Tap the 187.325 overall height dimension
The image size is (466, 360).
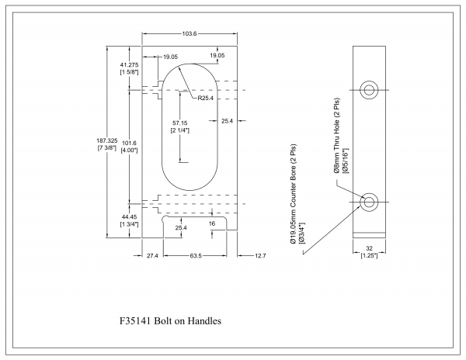pos(106,139)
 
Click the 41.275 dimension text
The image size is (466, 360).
pos(129,64)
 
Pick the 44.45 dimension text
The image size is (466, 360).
pos(129,217)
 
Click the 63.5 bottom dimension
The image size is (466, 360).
pos(193,255)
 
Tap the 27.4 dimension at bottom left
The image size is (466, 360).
pos(151,255)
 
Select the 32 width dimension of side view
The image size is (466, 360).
pos(369,248)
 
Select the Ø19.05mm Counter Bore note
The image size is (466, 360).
pos(297,197)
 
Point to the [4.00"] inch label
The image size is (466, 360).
pos(129,150)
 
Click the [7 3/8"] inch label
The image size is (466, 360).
pos(106,147)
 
